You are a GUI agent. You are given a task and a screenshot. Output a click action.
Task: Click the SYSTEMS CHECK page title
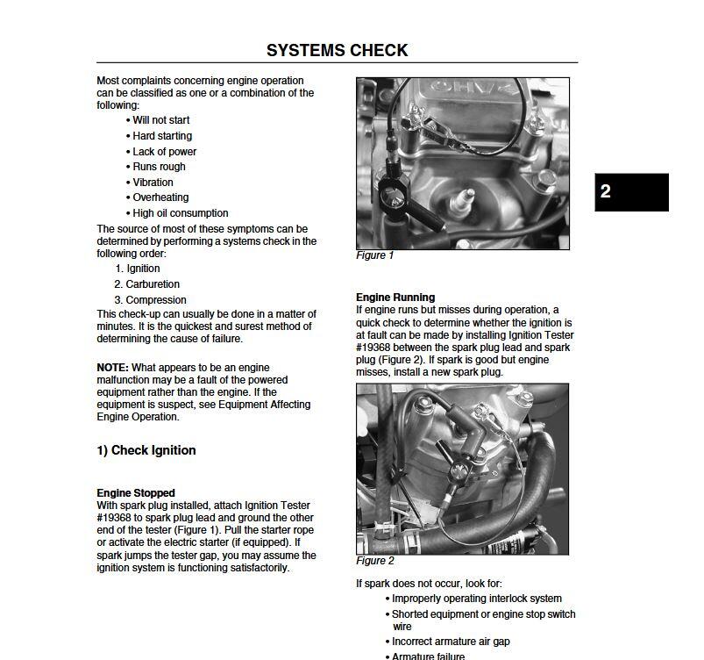[337, 50]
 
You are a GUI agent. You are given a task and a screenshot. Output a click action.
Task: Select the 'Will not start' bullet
[160, 120]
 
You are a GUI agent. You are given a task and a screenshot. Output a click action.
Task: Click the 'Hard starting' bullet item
[162, 136]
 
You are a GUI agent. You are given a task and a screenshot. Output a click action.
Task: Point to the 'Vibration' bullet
[153, 183]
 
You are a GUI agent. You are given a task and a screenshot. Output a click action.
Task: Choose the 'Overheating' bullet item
[160, 197]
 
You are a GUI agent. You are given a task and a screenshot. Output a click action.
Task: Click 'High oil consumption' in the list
[180, 213]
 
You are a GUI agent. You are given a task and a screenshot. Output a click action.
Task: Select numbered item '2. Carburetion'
[146, 284]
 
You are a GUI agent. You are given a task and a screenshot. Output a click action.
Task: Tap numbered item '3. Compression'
[150, 300]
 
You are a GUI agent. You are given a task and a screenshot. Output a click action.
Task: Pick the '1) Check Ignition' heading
[146, 450]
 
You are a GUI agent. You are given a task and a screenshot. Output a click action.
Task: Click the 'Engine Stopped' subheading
[136, 493]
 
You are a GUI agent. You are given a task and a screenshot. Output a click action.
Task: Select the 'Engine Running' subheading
[395, 298]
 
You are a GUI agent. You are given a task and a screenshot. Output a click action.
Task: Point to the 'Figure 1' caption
[375, 255]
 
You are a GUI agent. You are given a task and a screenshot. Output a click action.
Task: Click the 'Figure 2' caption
[375, 561]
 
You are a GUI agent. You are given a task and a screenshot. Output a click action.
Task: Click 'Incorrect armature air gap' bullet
[451, 642]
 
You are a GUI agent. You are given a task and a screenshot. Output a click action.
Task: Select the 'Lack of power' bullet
[164, 152]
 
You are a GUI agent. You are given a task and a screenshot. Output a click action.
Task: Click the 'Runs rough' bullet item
[159, 167]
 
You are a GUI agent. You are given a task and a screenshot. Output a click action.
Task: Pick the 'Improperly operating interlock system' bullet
[476, 599]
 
